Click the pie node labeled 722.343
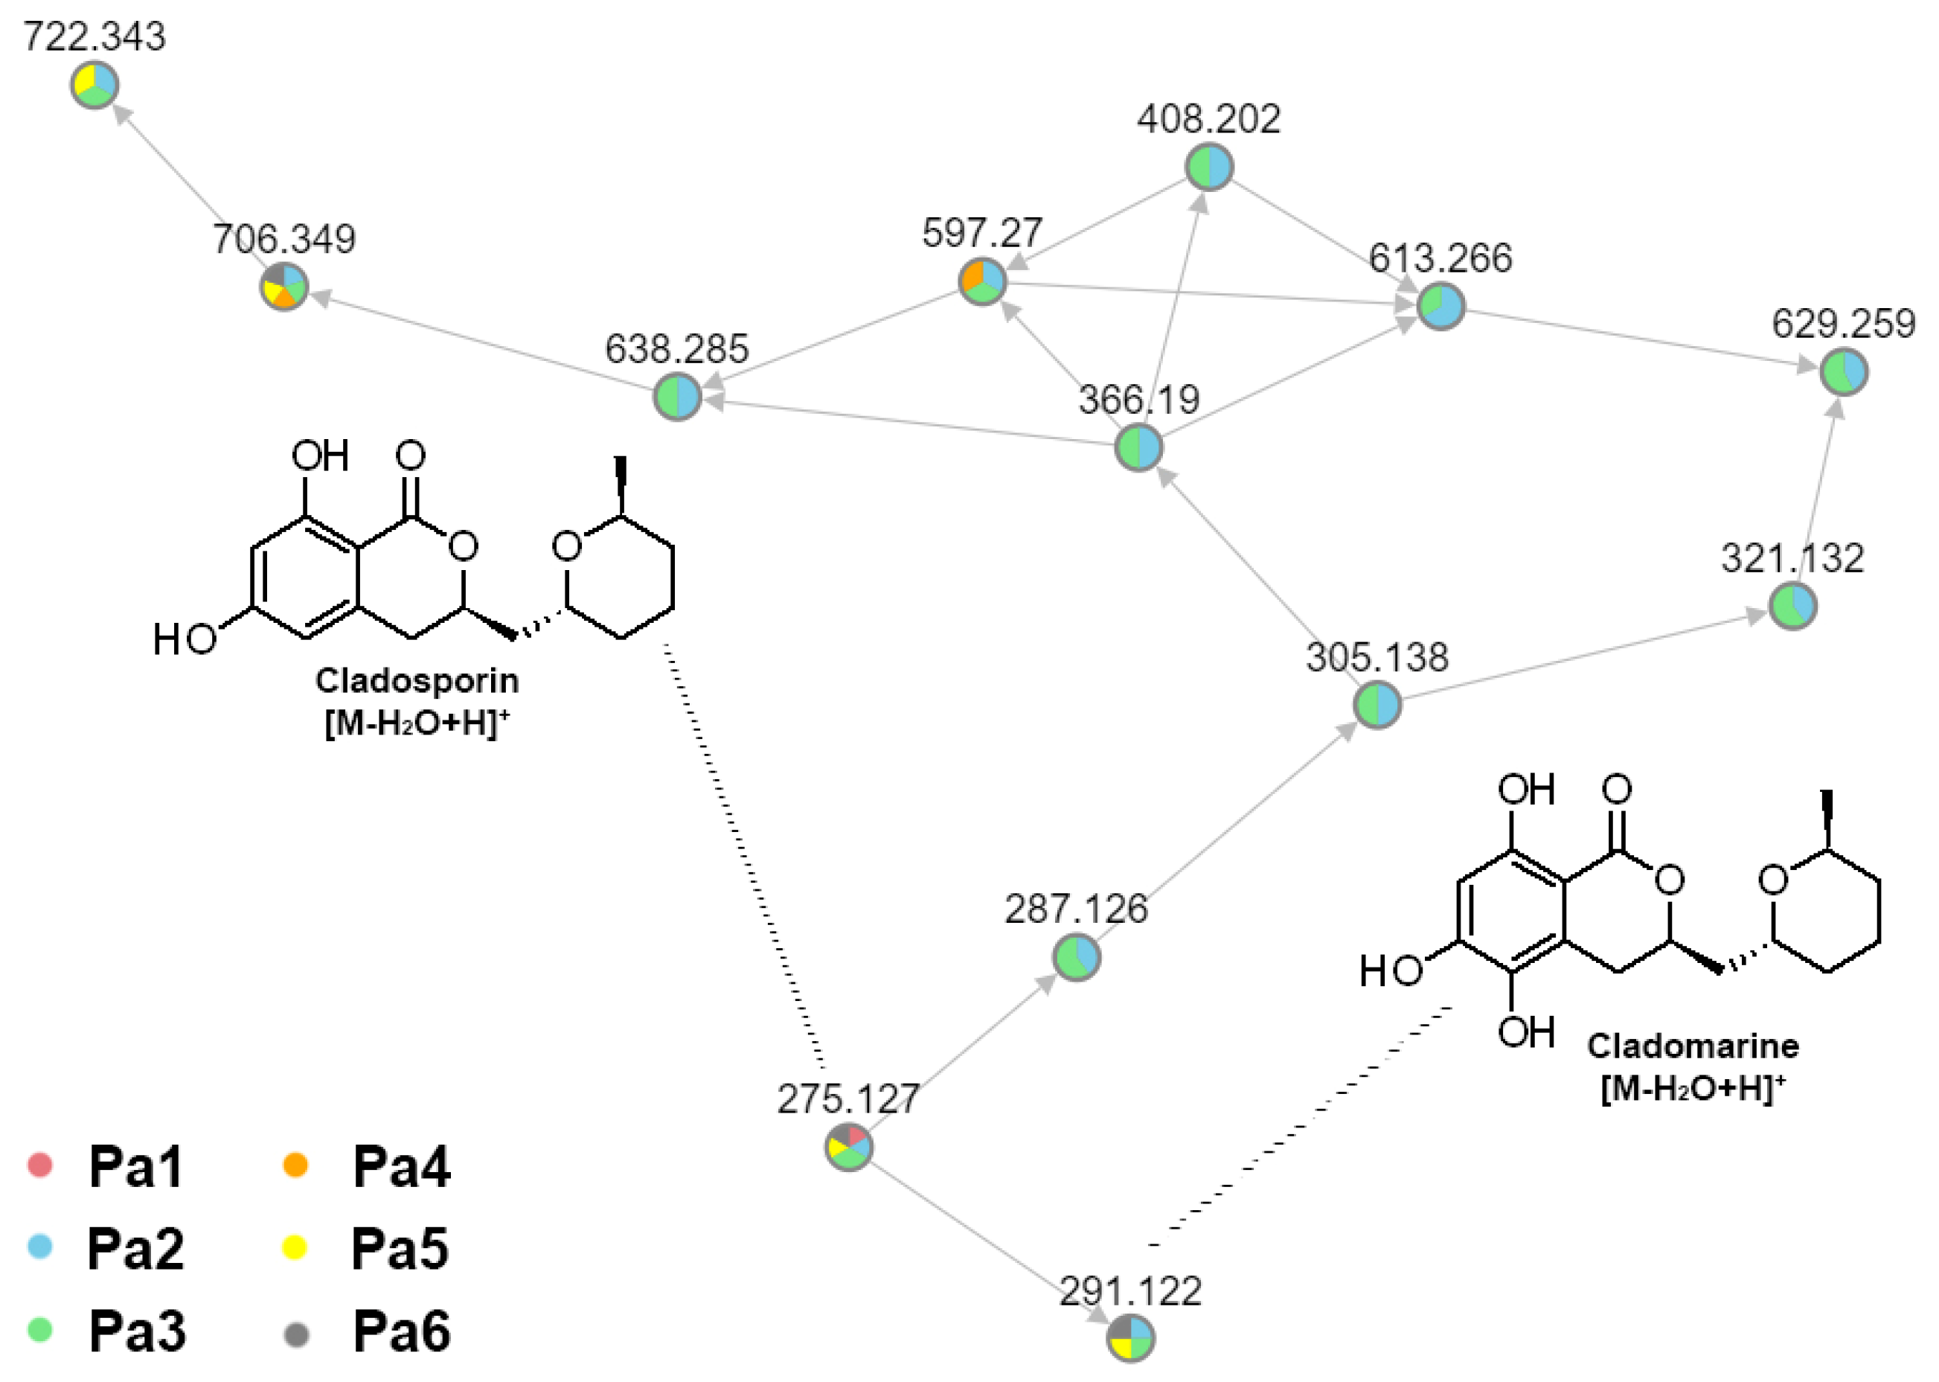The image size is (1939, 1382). click(94, 85)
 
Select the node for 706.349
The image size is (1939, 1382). click(283, 287)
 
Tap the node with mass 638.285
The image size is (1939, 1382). click(677, 397)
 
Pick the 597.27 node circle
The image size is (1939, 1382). click(983, 281)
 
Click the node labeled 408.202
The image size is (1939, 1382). click(1209, 167)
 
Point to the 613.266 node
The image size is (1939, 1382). click(1441, 307)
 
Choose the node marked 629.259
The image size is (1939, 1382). click(1844, 372)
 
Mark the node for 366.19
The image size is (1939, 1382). click(1138, 447)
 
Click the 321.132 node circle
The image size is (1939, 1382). click(1792, 607)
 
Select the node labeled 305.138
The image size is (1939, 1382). click(1377, 706)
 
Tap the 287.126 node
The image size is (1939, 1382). click(1077, 957)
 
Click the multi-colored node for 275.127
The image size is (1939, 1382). click(848, 1147)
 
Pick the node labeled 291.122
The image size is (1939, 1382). click(1131, 1338)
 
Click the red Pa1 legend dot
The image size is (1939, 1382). click(40, 1165)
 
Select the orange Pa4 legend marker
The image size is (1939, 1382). click(295, 1165)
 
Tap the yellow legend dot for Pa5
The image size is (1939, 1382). click(295, 1248)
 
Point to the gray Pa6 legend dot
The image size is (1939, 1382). click(295, 1334)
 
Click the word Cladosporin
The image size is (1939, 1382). click(417, 681)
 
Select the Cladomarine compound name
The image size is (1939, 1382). click(1693, 1046)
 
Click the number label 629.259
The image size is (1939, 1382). click(1844, 324)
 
